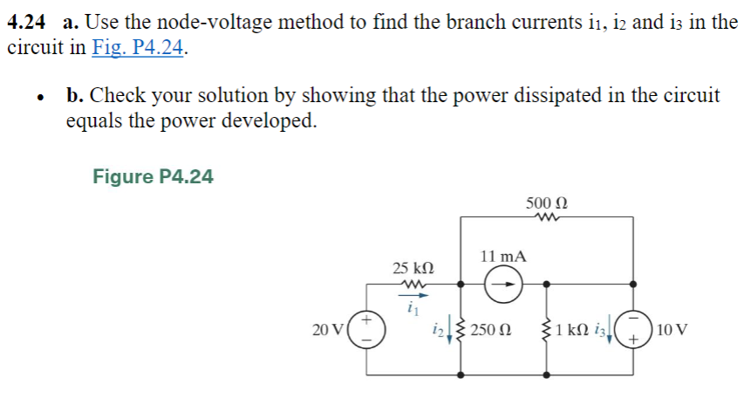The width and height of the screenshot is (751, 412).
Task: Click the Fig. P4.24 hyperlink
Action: [x=139, y=48]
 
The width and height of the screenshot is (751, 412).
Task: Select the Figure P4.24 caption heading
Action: [x=153, y=177]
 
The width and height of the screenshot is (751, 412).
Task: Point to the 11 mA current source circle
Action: [x=503, y=284]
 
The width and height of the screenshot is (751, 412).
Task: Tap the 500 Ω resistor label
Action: [x=547, y=203]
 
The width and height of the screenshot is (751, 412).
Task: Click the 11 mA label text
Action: [x=503, y=257]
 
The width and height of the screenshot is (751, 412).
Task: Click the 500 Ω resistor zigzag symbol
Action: [x=547, y=219]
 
